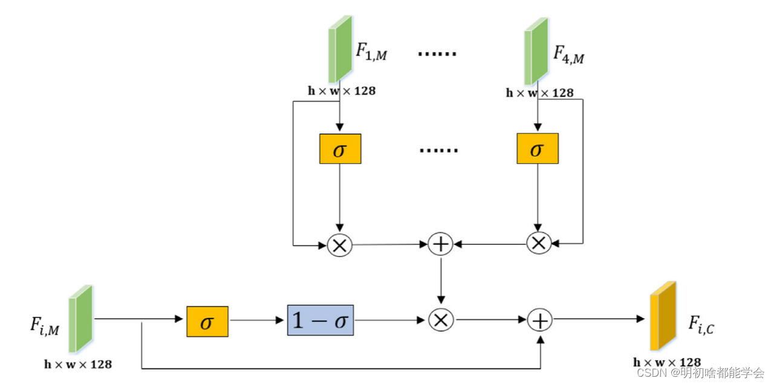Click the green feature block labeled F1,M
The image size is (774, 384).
click(340, 49)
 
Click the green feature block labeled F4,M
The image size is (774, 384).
click(536, 50)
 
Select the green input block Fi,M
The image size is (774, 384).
click(80, 319)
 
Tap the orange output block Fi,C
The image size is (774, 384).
click(662, 316)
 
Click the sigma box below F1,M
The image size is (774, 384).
click(340, 149)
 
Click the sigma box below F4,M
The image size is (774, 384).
click(537, 149)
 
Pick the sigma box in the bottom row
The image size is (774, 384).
click(207, 321)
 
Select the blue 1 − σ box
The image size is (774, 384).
click(320, 320)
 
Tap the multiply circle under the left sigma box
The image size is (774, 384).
click(339, 244)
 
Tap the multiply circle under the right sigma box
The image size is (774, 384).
click(538, 242)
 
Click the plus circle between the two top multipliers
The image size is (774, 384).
click(440, 244)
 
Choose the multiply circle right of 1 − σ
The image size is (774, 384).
click(441, 319)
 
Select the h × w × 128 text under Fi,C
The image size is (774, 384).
click(667, 362)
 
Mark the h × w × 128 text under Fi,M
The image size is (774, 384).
click(78, 364)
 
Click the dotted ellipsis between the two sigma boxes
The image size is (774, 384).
click(438, 150)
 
